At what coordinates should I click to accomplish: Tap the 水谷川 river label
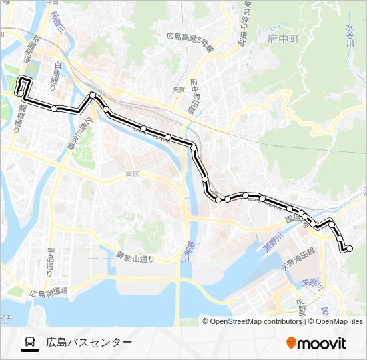(350, 35)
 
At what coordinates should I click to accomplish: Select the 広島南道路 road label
(49, 292)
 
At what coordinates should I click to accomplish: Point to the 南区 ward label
(131, 174)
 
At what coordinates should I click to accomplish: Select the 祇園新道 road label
(27, 49)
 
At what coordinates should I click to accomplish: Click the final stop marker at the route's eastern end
(350, 249)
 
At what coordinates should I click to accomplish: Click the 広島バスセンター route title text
(89, 343)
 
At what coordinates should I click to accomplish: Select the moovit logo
(316, 343)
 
